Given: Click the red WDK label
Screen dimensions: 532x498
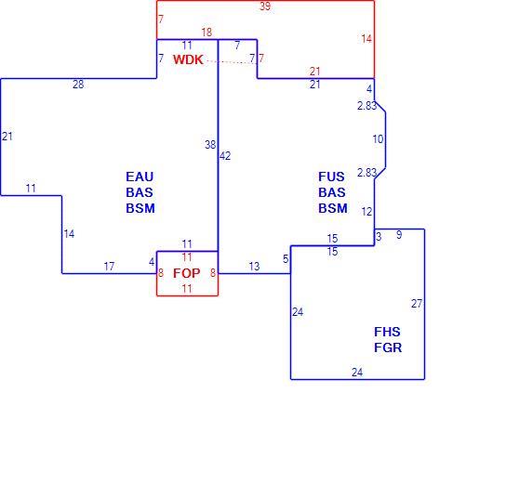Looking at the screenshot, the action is click(188, 59).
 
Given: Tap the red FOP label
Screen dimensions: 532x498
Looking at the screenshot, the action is click(187, 273).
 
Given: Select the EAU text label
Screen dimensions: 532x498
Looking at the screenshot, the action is click(140, 177).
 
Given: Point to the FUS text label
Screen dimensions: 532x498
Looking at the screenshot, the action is click(331, 177).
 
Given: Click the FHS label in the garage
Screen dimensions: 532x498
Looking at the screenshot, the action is click(387, 332).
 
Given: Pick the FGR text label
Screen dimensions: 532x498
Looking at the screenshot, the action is click(388, 347).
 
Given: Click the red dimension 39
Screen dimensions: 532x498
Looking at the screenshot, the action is click(265, 7).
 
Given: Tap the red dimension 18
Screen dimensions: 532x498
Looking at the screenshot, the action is click(206, 33).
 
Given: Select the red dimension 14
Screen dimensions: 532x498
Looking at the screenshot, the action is click(366, 39).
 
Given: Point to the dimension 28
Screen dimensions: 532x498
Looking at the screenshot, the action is click(78, 85).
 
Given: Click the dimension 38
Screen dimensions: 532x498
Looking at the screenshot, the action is click(210, 145).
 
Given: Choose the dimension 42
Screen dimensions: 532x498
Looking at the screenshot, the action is click(225, 156).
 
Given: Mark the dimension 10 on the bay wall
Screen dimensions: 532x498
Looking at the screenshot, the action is click(378, 139).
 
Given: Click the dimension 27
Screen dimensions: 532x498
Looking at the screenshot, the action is click(417, 304).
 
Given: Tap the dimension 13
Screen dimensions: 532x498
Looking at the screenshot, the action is click(254, 267).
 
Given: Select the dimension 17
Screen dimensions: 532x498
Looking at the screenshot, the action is click(109, 267).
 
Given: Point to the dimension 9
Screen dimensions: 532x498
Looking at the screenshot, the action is click(399, 235).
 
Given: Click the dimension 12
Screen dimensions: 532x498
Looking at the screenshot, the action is click(366, 212).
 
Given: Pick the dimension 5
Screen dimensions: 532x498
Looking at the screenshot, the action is click(286, 259).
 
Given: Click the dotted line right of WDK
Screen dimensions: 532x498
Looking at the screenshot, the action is click(229, 62).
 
